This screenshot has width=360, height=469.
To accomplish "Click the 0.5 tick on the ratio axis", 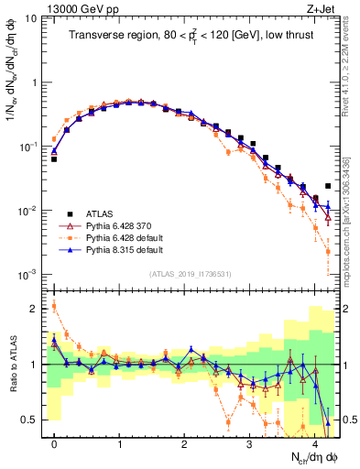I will coord(30,420).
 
